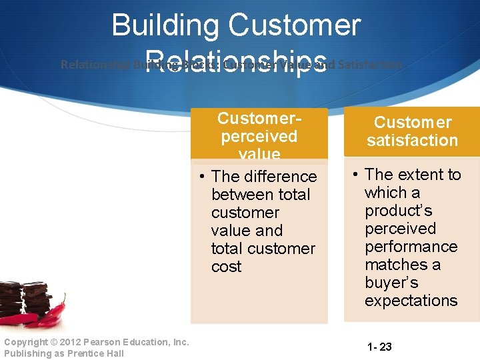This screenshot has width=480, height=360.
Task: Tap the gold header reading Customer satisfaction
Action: [411, 131]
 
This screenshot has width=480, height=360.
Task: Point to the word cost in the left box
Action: [226, 267]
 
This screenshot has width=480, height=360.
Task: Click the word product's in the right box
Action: [398, 211]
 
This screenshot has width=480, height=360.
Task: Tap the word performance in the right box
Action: [411, 247]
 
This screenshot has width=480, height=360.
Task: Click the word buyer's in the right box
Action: [391, 283]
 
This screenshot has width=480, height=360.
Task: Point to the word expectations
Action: [411, 301]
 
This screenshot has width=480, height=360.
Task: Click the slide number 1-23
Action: [379, 347]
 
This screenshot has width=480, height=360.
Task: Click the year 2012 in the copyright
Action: [61, 342]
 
